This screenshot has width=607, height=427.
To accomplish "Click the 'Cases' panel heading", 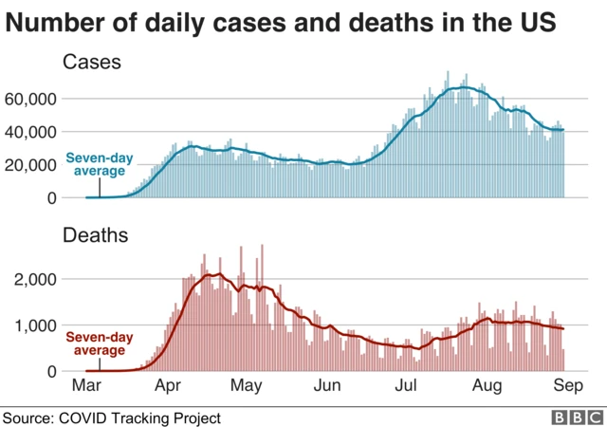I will point(91,63).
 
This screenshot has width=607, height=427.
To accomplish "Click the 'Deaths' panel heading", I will point(96,235).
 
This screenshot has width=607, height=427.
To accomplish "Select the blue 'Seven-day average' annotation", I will point(95,164).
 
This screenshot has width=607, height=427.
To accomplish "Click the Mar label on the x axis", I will point(86,387).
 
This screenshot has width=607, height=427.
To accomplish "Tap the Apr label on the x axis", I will point(168,387).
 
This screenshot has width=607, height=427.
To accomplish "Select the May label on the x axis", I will point(247,387).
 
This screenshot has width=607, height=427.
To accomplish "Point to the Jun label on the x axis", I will point(327,387).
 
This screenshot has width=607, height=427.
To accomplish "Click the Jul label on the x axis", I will point(407,387).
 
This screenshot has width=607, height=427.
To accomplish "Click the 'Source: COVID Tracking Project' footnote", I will point(112,418).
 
